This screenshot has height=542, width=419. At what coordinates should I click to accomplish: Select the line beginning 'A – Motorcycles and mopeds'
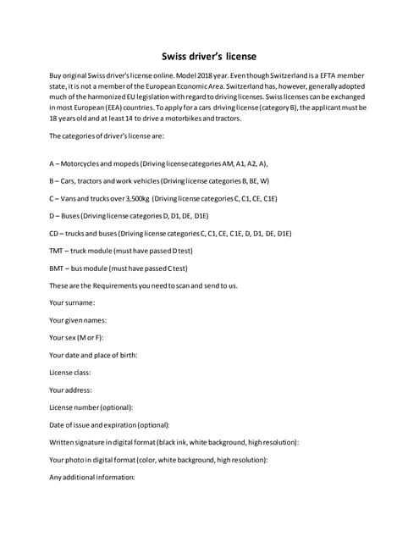158,163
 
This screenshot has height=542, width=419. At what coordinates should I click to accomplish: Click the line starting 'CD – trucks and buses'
170,233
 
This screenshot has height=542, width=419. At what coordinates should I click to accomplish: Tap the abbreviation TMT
58,251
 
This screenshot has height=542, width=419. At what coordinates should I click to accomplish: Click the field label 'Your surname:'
72,302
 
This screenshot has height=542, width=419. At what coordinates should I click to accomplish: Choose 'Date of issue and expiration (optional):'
109,424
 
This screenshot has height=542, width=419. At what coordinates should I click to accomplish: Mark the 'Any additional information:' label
92,477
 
